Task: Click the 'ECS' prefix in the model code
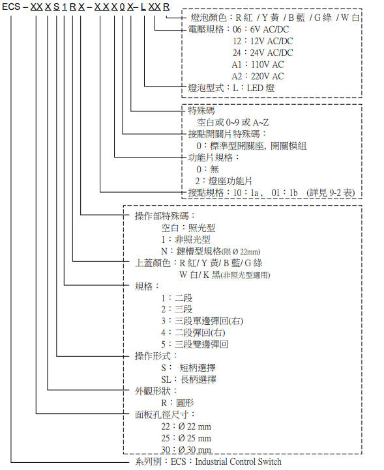[11, 7]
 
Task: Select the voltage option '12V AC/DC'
[272, 41]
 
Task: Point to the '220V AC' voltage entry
[267, 76]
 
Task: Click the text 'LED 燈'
[261, 88]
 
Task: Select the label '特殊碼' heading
[201, 111]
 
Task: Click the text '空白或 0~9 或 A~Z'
[233, 122]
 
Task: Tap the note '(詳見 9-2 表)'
[331, 193]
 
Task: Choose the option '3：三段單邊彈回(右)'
[202, 321]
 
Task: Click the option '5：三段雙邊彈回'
[194, 344]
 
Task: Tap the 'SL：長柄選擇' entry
[188, 380]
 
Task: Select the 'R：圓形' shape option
[177, 403]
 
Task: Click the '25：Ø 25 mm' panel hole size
[186, 438]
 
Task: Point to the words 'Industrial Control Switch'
[239, 462]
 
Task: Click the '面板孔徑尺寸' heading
[162, 415]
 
